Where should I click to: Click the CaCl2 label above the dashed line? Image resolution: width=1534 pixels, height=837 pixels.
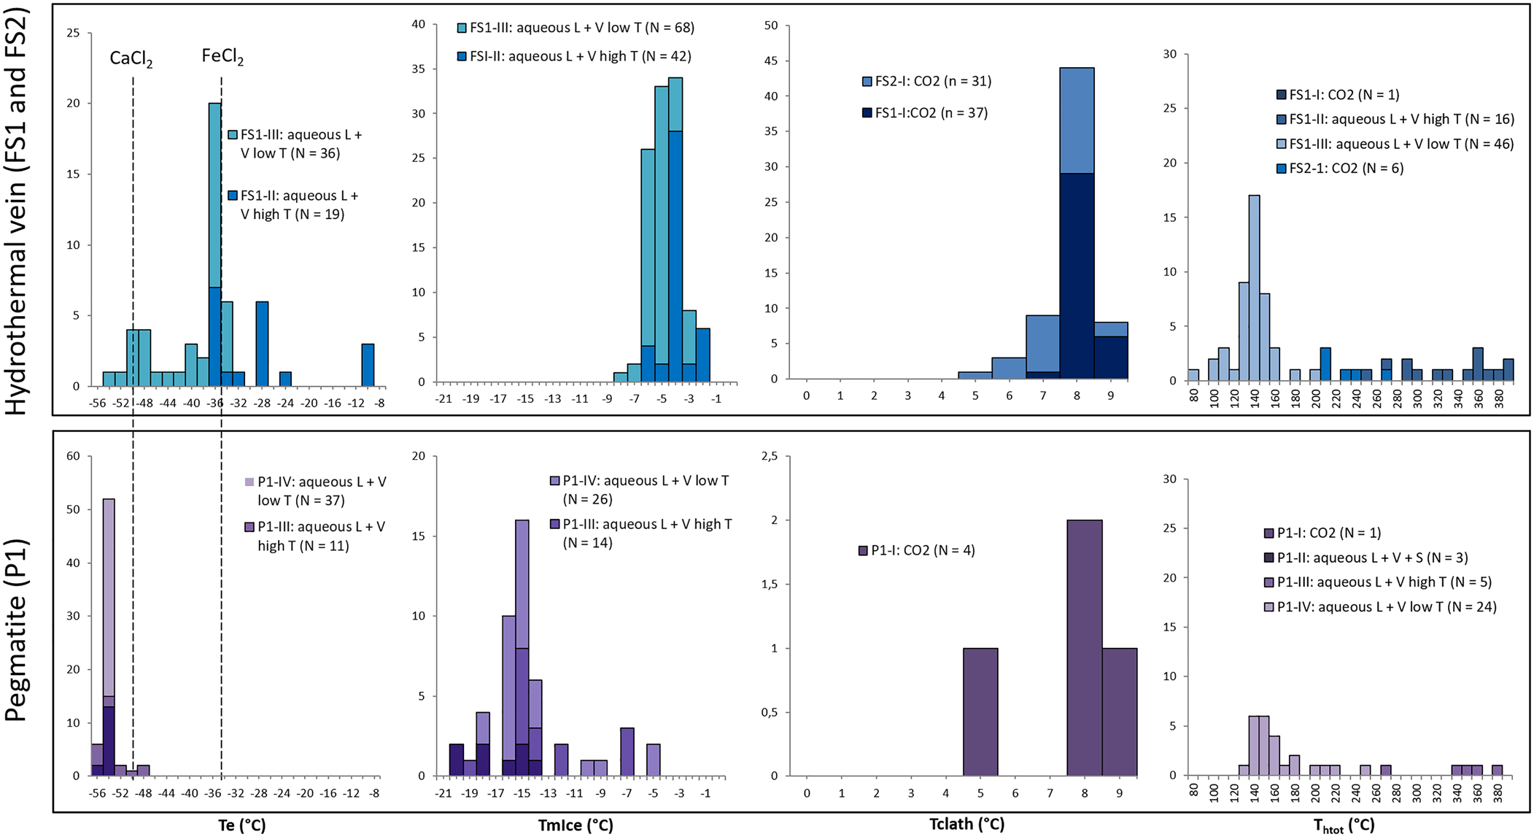pyautogui.click(x=131, y=59)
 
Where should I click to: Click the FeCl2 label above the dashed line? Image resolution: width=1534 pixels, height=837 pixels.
pyautogui.click(x=222, y=58)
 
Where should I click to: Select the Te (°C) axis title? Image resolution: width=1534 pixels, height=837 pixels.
pyautogui.click(x=242, y=825)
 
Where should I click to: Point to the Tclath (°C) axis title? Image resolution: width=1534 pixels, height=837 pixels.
pyautogui.click(x=967, y=824)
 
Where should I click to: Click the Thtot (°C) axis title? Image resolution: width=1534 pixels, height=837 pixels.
pyautogui.click(x=1344, y=825)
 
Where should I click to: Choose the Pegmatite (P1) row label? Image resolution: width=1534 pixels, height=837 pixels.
pyautogui.click(x=16, y=630)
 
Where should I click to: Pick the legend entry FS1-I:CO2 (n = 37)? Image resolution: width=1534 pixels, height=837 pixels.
pyautogui.click(x=925, y=113)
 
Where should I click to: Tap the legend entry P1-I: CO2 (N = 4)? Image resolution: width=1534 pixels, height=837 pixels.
pyautogui.click(x=917, y=550)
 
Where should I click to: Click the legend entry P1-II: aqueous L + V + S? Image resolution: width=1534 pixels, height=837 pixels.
pyautogui.click(x=1364, y=558)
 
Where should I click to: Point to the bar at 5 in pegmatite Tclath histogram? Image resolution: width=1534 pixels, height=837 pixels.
pyautogui.click(x=980, y=711)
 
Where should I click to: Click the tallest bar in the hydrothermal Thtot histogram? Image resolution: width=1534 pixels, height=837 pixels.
pyautogui.click(x=1254, y=288)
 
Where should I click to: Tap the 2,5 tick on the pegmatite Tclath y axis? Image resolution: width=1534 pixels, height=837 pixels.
pyautogui.click(x=768, y=456)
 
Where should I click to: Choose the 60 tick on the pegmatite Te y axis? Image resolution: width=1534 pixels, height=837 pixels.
pyautogui.click(x=74, y=456)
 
